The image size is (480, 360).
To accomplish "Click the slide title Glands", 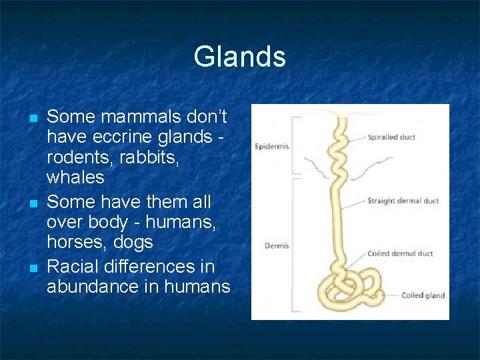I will click(239, 57).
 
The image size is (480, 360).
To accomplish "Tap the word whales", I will click(75, 177).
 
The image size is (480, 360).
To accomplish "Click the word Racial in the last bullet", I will click(74, 267).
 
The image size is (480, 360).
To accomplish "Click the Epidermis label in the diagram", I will click(271, 147).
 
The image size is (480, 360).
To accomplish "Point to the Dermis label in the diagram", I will click(276, 246).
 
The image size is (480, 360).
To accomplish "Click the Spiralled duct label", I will click(391, 137).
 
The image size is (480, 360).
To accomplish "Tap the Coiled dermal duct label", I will click(400, 253).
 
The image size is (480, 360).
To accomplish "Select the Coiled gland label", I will click(423, 295).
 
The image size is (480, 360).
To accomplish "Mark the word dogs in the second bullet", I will click(133, 242).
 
